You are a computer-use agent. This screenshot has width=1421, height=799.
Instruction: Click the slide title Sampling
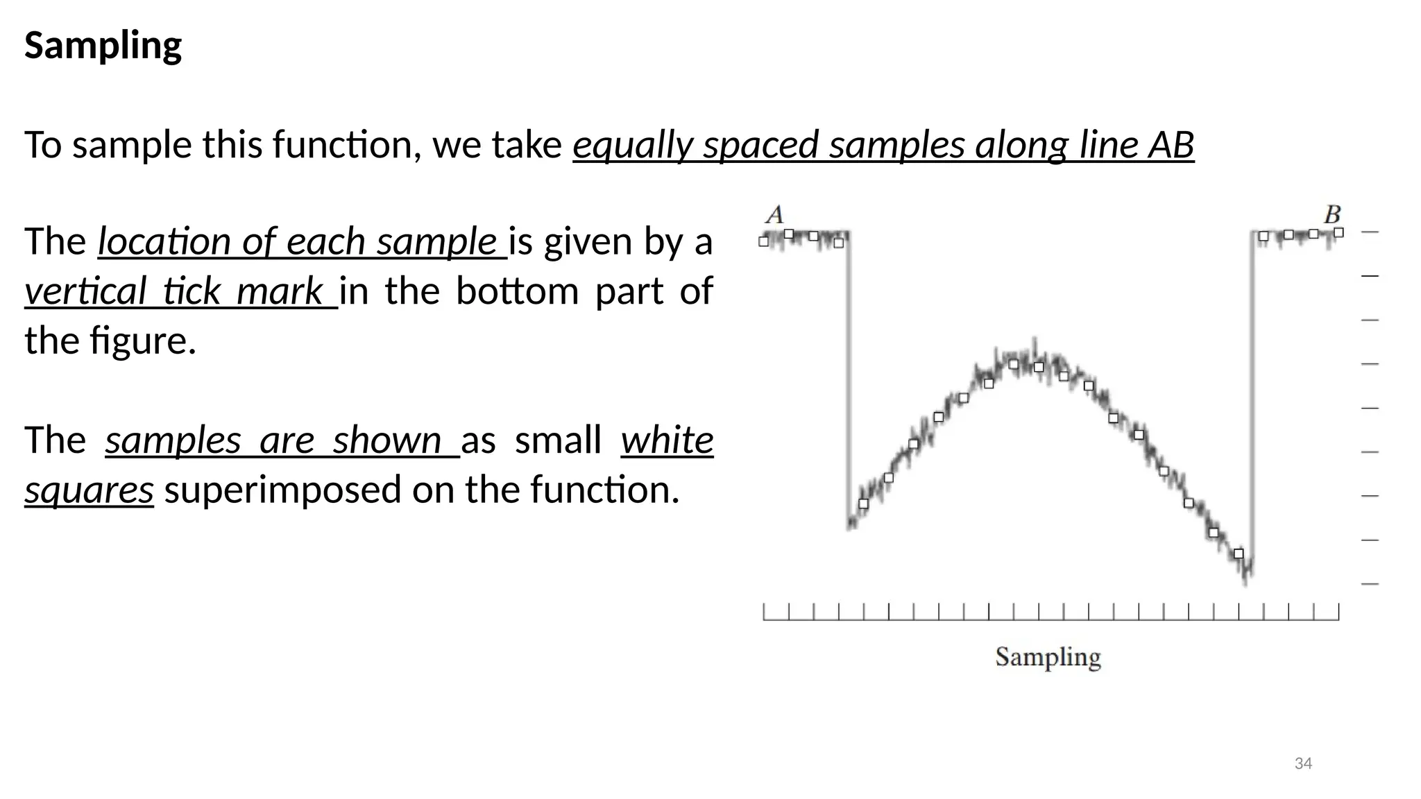click(103, 46)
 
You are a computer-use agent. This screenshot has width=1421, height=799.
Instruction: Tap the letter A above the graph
click(774, 214)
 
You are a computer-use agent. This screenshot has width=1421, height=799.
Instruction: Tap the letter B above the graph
click(1332, 214)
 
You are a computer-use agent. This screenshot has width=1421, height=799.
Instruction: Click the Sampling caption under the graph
click(1048, 657)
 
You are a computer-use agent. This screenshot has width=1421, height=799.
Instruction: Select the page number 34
click(1303, 764)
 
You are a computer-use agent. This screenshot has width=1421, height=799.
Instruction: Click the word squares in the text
click(89, 490)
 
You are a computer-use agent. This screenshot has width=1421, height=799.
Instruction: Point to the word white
click(667, 440)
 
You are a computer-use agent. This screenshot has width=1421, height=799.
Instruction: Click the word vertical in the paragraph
click(85, 291)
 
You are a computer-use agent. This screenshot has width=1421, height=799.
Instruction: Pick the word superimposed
click(282, 490)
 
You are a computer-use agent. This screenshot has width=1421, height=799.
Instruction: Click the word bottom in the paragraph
click(517, 291)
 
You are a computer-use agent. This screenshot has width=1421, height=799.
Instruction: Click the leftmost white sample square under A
click(764, 242)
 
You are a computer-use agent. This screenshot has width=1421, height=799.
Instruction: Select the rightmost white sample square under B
click(1338, 233)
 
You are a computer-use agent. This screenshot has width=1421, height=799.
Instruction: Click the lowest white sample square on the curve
click(1239, 553)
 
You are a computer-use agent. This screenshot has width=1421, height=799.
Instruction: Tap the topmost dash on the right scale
click(1370, 232)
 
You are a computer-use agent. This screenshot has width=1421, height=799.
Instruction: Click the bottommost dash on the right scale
click(1370, 584)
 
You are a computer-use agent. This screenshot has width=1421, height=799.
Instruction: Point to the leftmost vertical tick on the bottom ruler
click(764, 611)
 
